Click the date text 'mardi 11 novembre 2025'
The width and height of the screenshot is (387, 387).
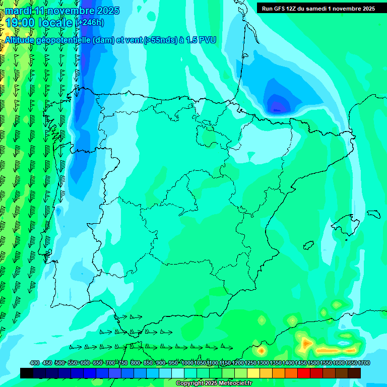[62, 11]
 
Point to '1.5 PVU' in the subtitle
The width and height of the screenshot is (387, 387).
[201, 40]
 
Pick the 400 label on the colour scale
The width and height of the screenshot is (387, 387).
[34, 363]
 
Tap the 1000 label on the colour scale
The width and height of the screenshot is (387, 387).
[187, 363]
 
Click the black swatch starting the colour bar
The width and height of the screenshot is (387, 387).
[27, 373]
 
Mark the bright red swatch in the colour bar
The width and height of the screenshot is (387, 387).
[304, 373]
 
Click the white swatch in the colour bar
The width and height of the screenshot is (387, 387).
[178, 373]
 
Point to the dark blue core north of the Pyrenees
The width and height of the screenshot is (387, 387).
[277, 106]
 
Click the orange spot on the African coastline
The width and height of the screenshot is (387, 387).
[262, 349]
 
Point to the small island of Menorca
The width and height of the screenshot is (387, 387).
[374, 213]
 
